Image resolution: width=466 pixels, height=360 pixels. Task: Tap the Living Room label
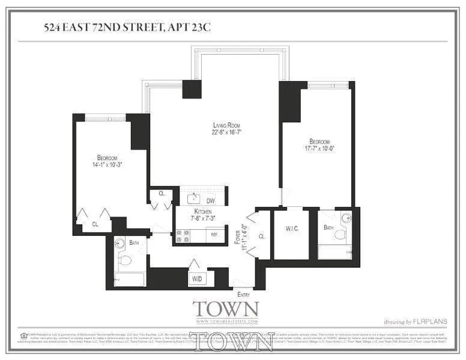tap(214, 124)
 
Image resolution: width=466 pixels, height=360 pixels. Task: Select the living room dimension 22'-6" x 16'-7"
tap(214, 132)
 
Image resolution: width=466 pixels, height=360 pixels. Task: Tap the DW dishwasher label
tap(210, 200)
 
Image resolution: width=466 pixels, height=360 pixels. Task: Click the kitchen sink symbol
tap(193, 199)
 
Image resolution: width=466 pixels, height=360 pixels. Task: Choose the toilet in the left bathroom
tap(125, 260)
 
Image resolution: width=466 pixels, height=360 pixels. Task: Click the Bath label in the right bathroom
tap(328, 227)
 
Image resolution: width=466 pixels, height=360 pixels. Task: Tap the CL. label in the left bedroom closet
tap(95, 225)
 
